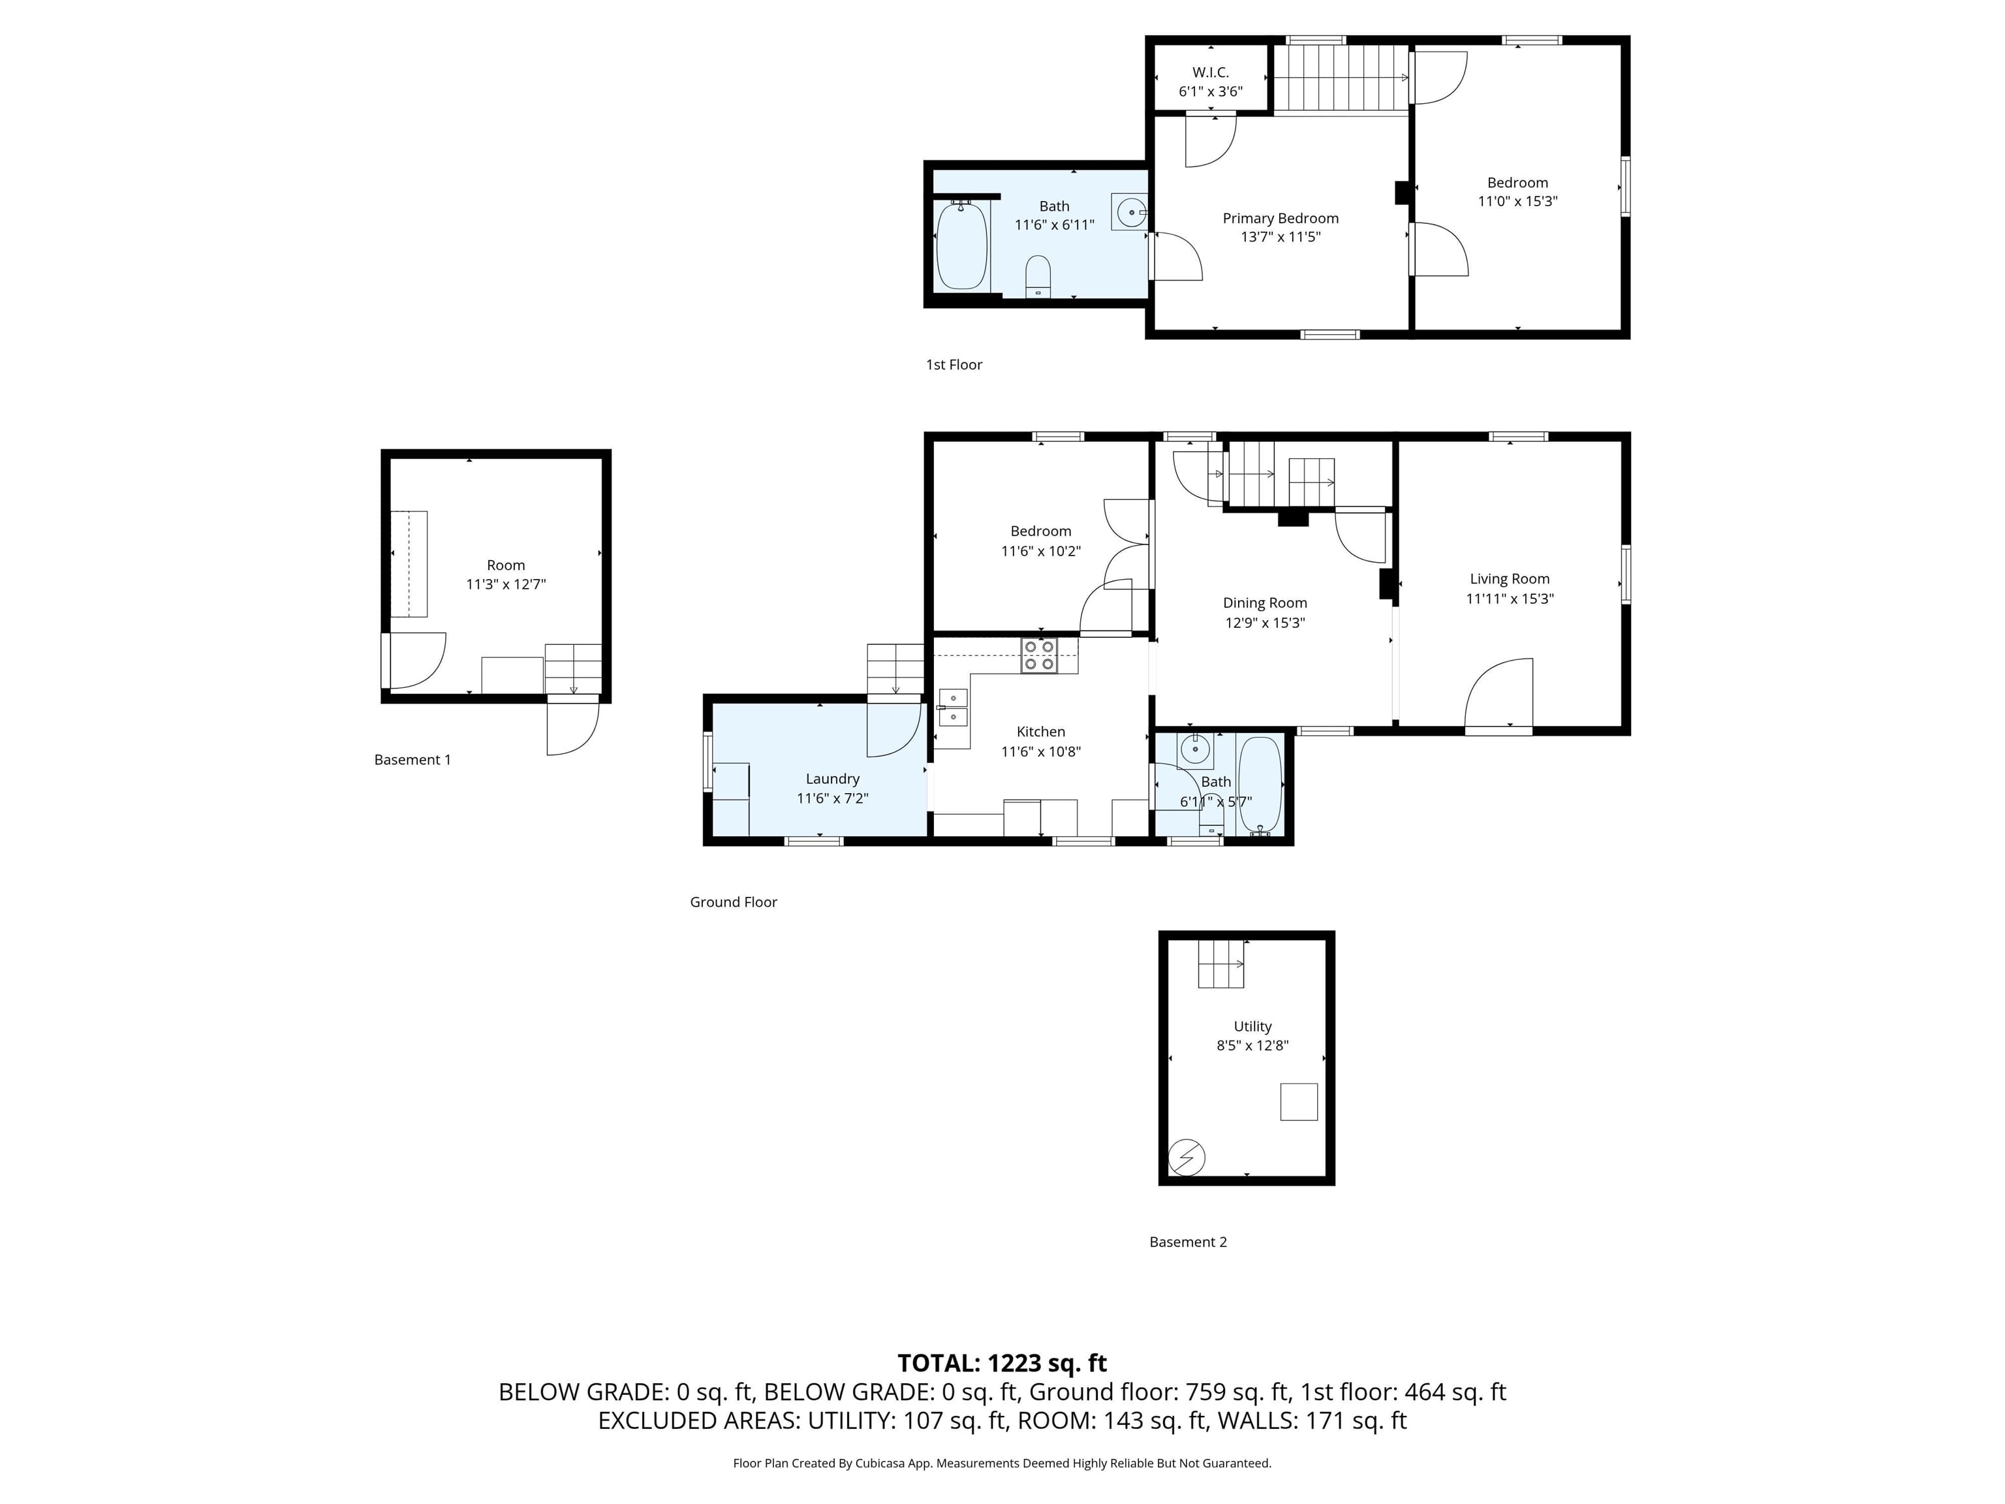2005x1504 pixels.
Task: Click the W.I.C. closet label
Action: coord(1210,72)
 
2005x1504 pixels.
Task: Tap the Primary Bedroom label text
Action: coord(1280,219)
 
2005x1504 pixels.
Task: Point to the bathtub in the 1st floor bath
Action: coord(961,245)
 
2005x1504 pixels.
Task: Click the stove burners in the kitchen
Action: coord(1039,655)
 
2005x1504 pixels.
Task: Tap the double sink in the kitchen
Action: coord(953,708)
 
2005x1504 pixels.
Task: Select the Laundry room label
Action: coord(832,779)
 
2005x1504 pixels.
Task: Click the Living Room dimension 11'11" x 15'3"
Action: coord(1509,599)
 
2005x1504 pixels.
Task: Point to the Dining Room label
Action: coord(1264,603)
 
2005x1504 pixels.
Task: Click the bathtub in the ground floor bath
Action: coord(1260,785)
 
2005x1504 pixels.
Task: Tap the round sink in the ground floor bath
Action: coord(1194,750)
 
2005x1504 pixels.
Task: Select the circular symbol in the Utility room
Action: coord(1187,1157)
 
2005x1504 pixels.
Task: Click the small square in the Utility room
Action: coord(1298,1101)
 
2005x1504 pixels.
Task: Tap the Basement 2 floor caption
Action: coord(1187,1242)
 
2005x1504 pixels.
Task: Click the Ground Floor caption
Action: coord(734,902)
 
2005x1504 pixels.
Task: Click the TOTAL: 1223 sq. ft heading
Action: coord(1002,1364)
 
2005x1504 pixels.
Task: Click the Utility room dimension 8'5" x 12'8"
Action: coord(1252,1045)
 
